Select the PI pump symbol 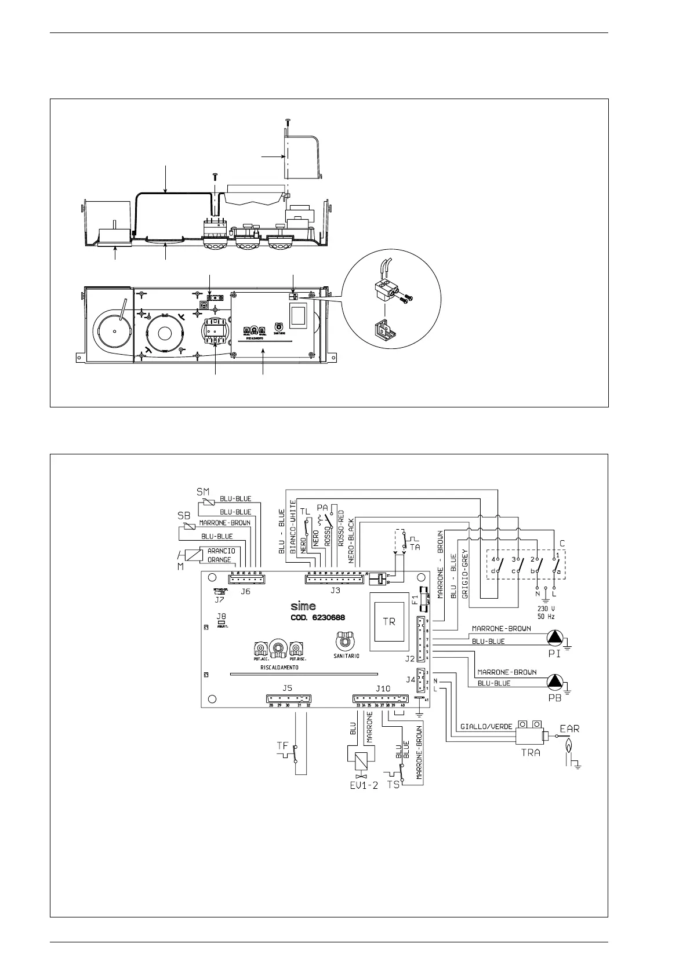(555, 638)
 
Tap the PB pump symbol (555, 681)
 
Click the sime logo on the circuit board (303, 606)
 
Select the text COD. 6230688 (317, 618)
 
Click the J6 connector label (246, 591)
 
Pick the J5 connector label (287, 688)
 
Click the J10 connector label (383, 688)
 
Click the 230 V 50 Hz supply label (546, 613)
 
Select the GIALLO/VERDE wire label (486, 726)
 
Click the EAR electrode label (569, 728)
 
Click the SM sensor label (202, 491)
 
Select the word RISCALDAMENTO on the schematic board (279, 668)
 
